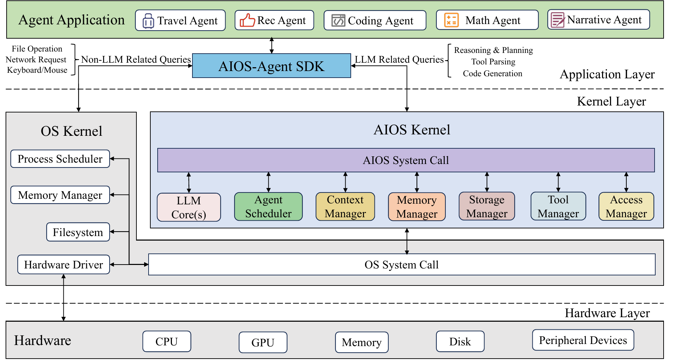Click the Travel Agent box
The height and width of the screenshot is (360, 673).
pyautogui.click(x=180, y=21)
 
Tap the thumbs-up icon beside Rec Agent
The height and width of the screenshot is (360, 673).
pyautogui.click(x=247, y=20)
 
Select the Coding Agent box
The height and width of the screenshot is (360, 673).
pyautogui.click(x=375, y=21)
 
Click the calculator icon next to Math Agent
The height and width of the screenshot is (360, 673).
pyautogui.click(x=451, y=20)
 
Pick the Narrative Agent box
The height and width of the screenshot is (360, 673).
pyautogui.click(x=599, y=20)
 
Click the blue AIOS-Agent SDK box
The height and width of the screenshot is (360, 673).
pyautogui.click(x=271, y=66)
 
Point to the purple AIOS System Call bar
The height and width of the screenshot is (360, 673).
pyautogui.click(x=406, y=160)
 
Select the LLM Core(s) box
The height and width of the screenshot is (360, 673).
pyautogui.click(x=189, y=207)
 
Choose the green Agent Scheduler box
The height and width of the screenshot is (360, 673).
pyautogui.click(x=268, y=206)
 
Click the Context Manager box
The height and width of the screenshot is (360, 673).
pyautogui.click(x=345, y=206)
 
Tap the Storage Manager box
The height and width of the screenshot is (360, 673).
pyautogui.click(x=487, y=206)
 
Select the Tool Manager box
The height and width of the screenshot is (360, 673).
pyautogui.click(x=558, y=206)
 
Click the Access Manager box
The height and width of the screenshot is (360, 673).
pyautogui.click(x=626, y=206)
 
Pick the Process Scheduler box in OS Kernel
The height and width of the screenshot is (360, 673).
pyautogui.click(x=60, y=159)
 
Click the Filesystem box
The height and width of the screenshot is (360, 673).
pyautogui.click(x=78, y=232)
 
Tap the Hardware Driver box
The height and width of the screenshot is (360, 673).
pyautogui.click(x=64, y=265)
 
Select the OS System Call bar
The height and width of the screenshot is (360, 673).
pyautogui.click(x=402, y=265)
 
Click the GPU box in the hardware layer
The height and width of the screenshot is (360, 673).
pyautogui.click(x=263, y=342)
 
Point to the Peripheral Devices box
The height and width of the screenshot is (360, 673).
pyautogui.click(x=583, y=340)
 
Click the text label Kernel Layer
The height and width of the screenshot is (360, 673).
pyautogui.click(x=611, y=101)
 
